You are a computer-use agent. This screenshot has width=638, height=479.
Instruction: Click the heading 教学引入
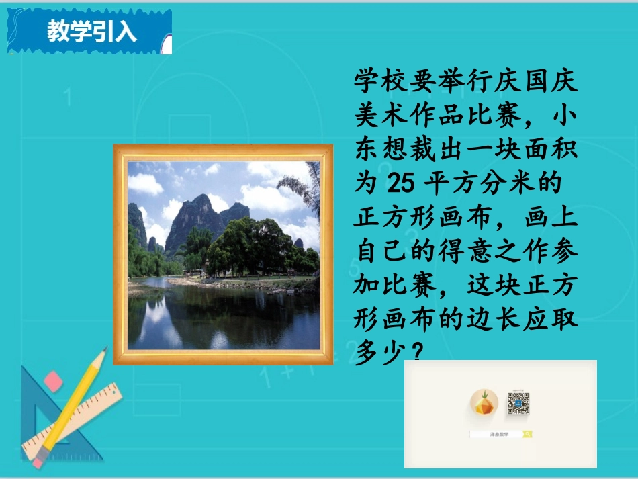pyautogui.click(x=92, y=32)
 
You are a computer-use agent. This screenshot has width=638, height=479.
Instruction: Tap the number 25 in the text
pyautogui.click(x=401, y=182)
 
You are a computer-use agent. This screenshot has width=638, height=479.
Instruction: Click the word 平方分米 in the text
pyautogui.click(x=485, y=182)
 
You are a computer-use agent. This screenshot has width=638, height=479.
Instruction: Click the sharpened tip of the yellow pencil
pyautogui.click(x=105, y=350)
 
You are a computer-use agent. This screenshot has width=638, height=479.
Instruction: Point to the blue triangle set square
pyautogui.click(x=37, y=417)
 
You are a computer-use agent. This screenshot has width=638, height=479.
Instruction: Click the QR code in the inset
pyautogui.click(x=518, y=403)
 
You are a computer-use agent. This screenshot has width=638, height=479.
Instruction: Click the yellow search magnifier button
pyautogui.click(x=528, y=435)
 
